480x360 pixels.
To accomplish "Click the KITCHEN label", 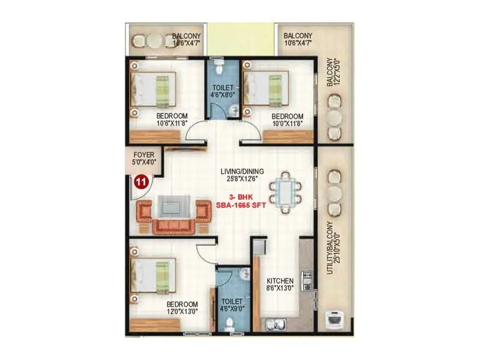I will [x=280, y=281].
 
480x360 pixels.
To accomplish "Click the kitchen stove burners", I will [x=307, y=279].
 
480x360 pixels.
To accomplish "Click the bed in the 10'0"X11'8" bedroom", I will [x=266, y=89].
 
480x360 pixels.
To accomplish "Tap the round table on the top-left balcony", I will [x=155, y=41].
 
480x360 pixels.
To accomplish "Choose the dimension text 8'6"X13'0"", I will [x=280, y=289].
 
